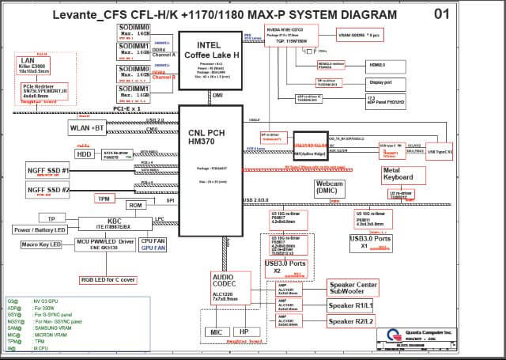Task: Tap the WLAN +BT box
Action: pos(88,127)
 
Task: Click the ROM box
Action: pos(136,205)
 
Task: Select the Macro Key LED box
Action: pos(41,244)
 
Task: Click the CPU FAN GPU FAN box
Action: pos(153,244)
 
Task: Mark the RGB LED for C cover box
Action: pos(108,279)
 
